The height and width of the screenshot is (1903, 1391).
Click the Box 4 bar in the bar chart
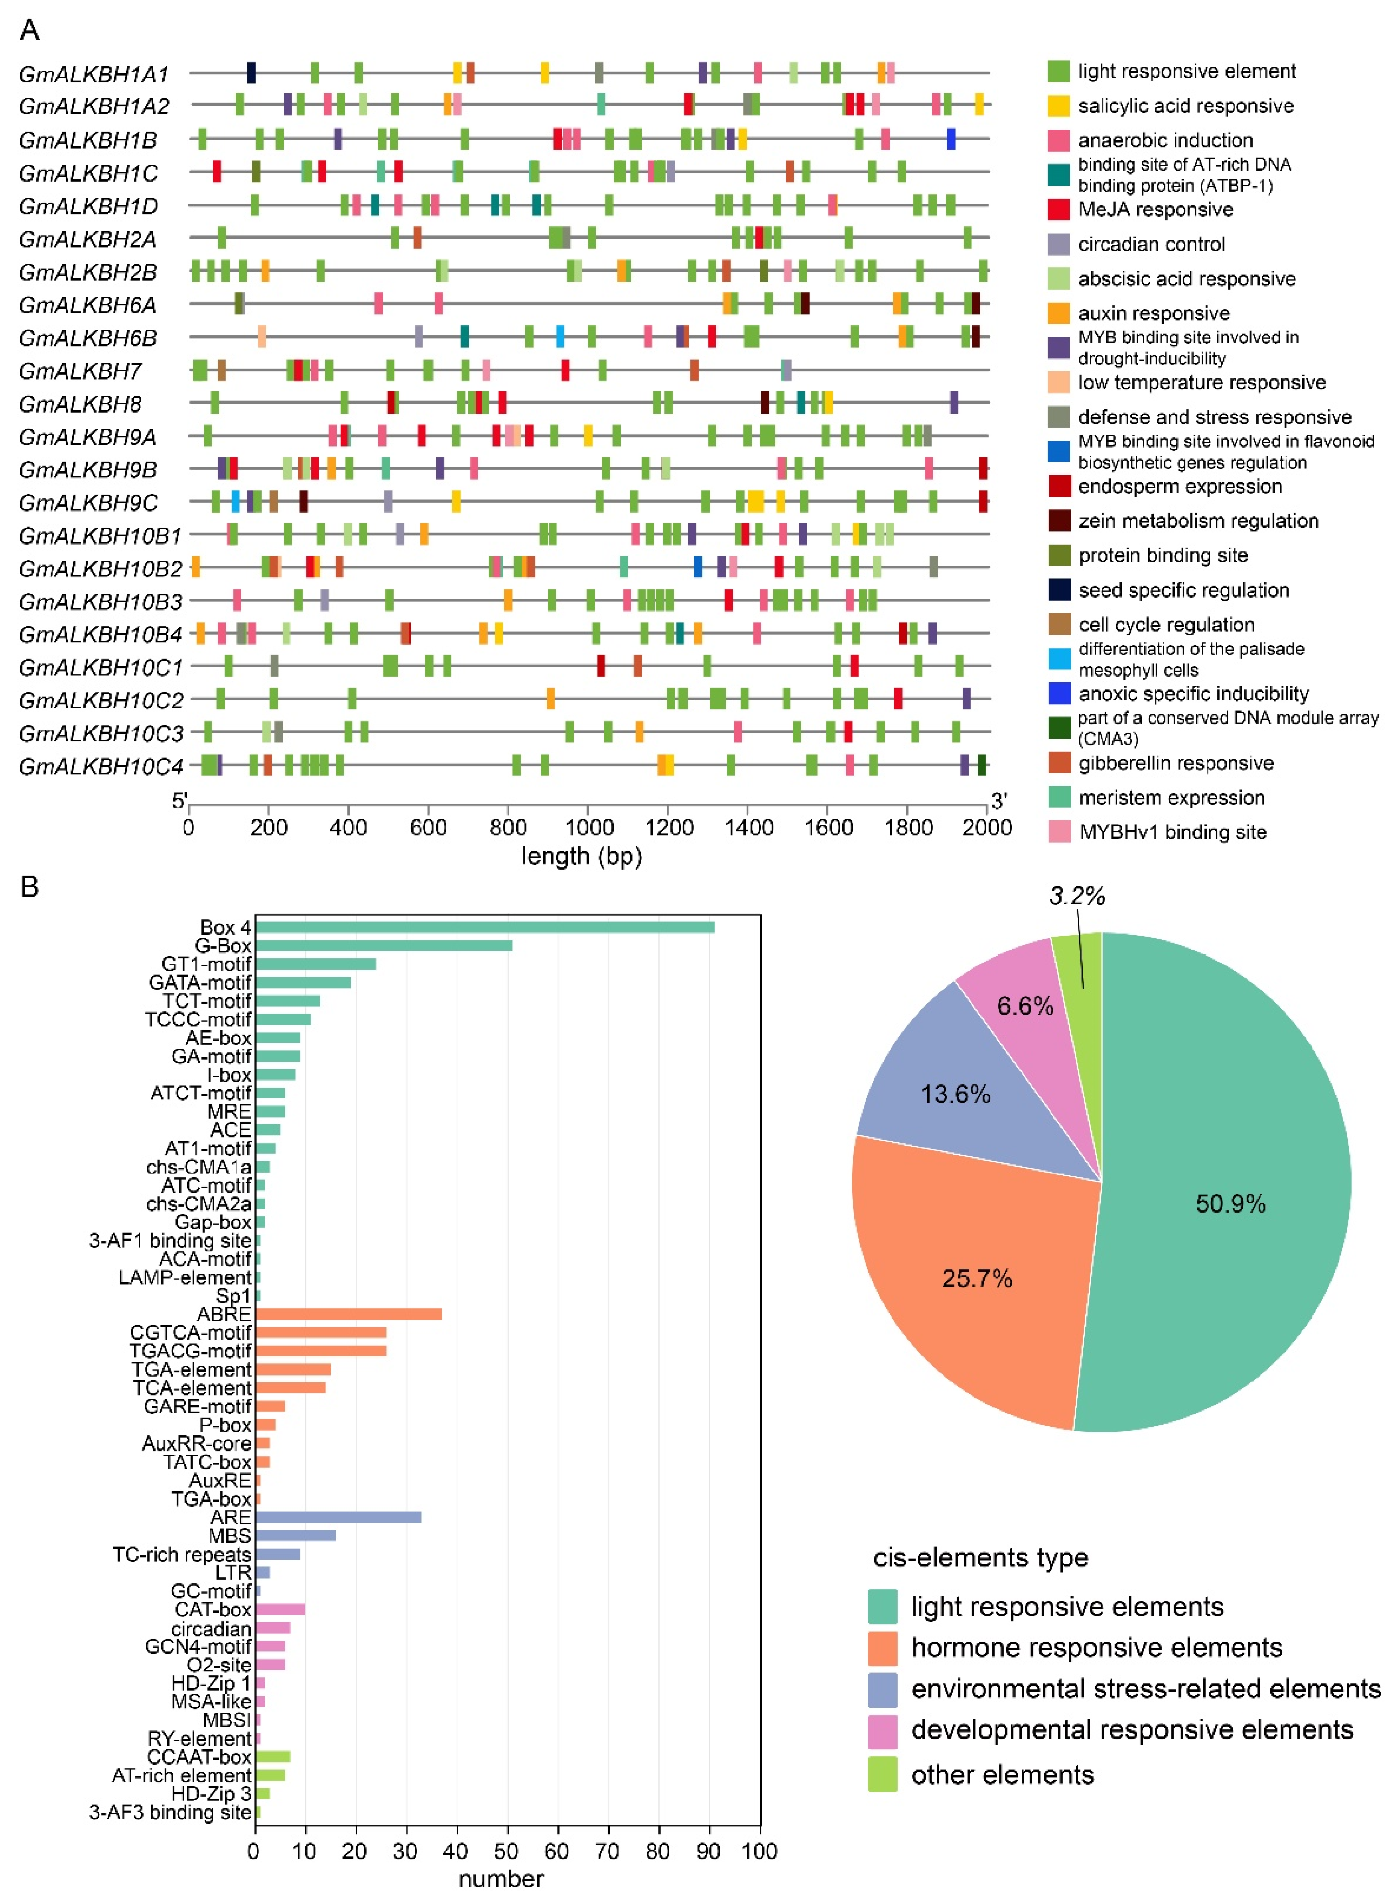click(x=484, y=927)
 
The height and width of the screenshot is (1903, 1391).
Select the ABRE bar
click(x=348, y=1314)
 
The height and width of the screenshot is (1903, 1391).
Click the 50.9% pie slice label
click(x=1230, y=1203)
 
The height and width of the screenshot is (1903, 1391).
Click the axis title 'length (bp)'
click(x=581, y=856)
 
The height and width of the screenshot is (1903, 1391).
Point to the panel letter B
click(x=29, y=886)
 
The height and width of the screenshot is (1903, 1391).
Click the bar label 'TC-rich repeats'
click(x=182, y=1554)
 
